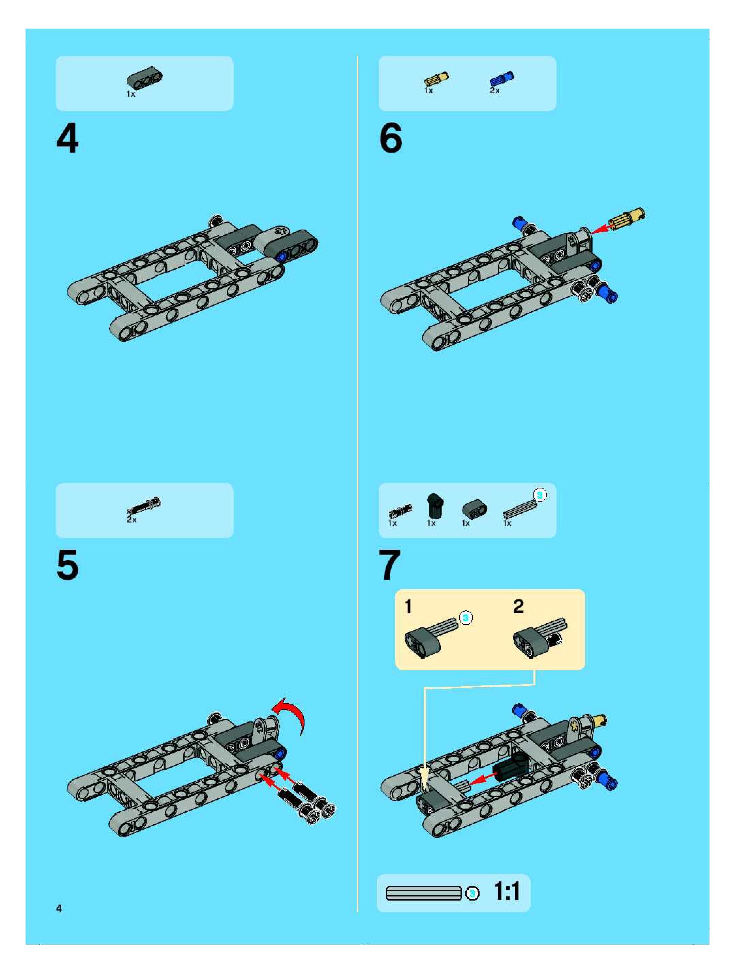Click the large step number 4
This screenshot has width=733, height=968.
pos(68,138)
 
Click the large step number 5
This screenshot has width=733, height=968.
pos(68,565)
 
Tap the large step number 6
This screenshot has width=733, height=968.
pos(390,138)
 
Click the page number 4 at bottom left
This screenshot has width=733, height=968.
pos(59,908)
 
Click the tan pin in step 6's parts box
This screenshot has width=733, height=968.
pos(436,80)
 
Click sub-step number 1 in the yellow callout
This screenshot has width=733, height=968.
pos(408,607)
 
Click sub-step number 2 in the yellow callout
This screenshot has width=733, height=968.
pos(518,607)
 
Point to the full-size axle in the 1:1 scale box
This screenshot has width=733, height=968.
pos(424,893)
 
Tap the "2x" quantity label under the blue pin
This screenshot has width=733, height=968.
pos(495,91)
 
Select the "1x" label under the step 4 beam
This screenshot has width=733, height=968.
pos(131,94)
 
